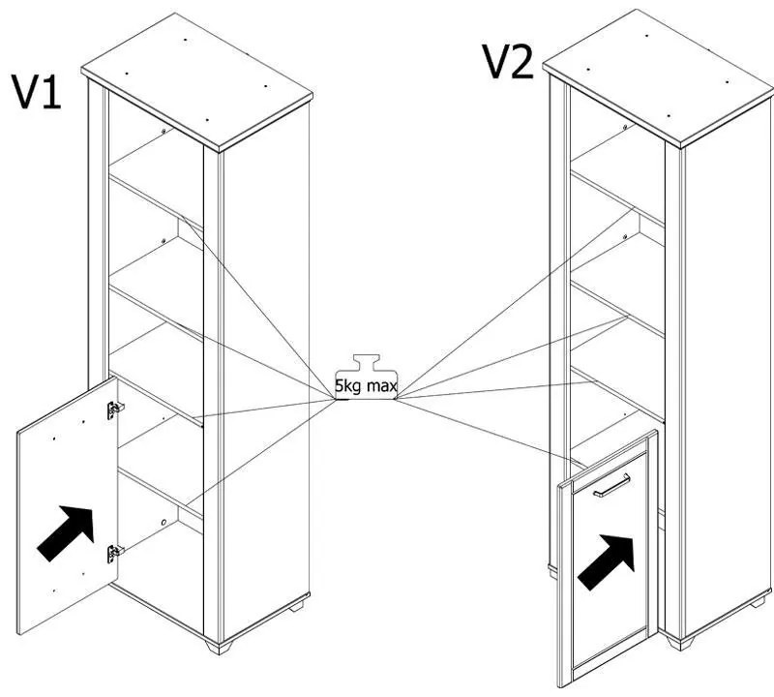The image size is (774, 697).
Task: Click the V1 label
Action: (x=36, y=91)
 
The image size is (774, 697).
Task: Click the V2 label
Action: (x=507, y=62)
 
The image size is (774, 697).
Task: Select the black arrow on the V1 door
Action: (x=67, y=531)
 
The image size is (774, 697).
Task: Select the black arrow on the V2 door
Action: (x=606, y=561)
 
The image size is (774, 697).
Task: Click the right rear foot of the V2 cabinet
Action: (x=759, y=602)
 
